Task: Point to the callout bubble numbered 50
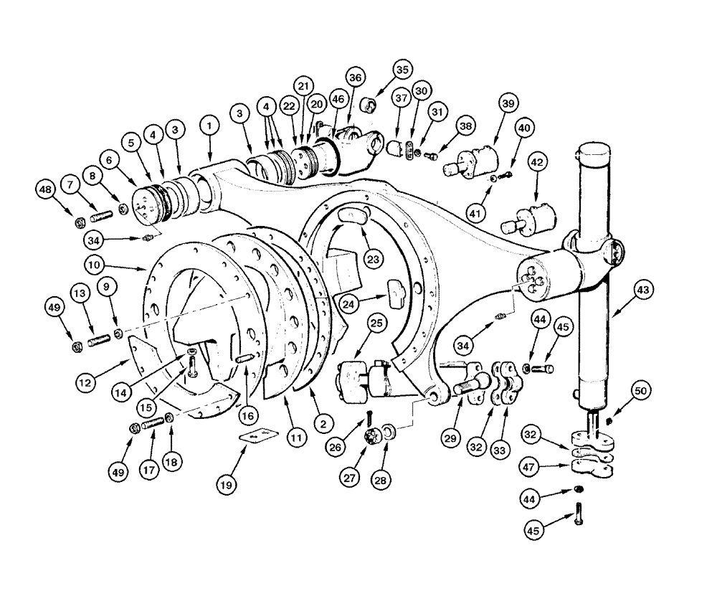640,391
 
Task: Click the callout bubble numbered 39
508,105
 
